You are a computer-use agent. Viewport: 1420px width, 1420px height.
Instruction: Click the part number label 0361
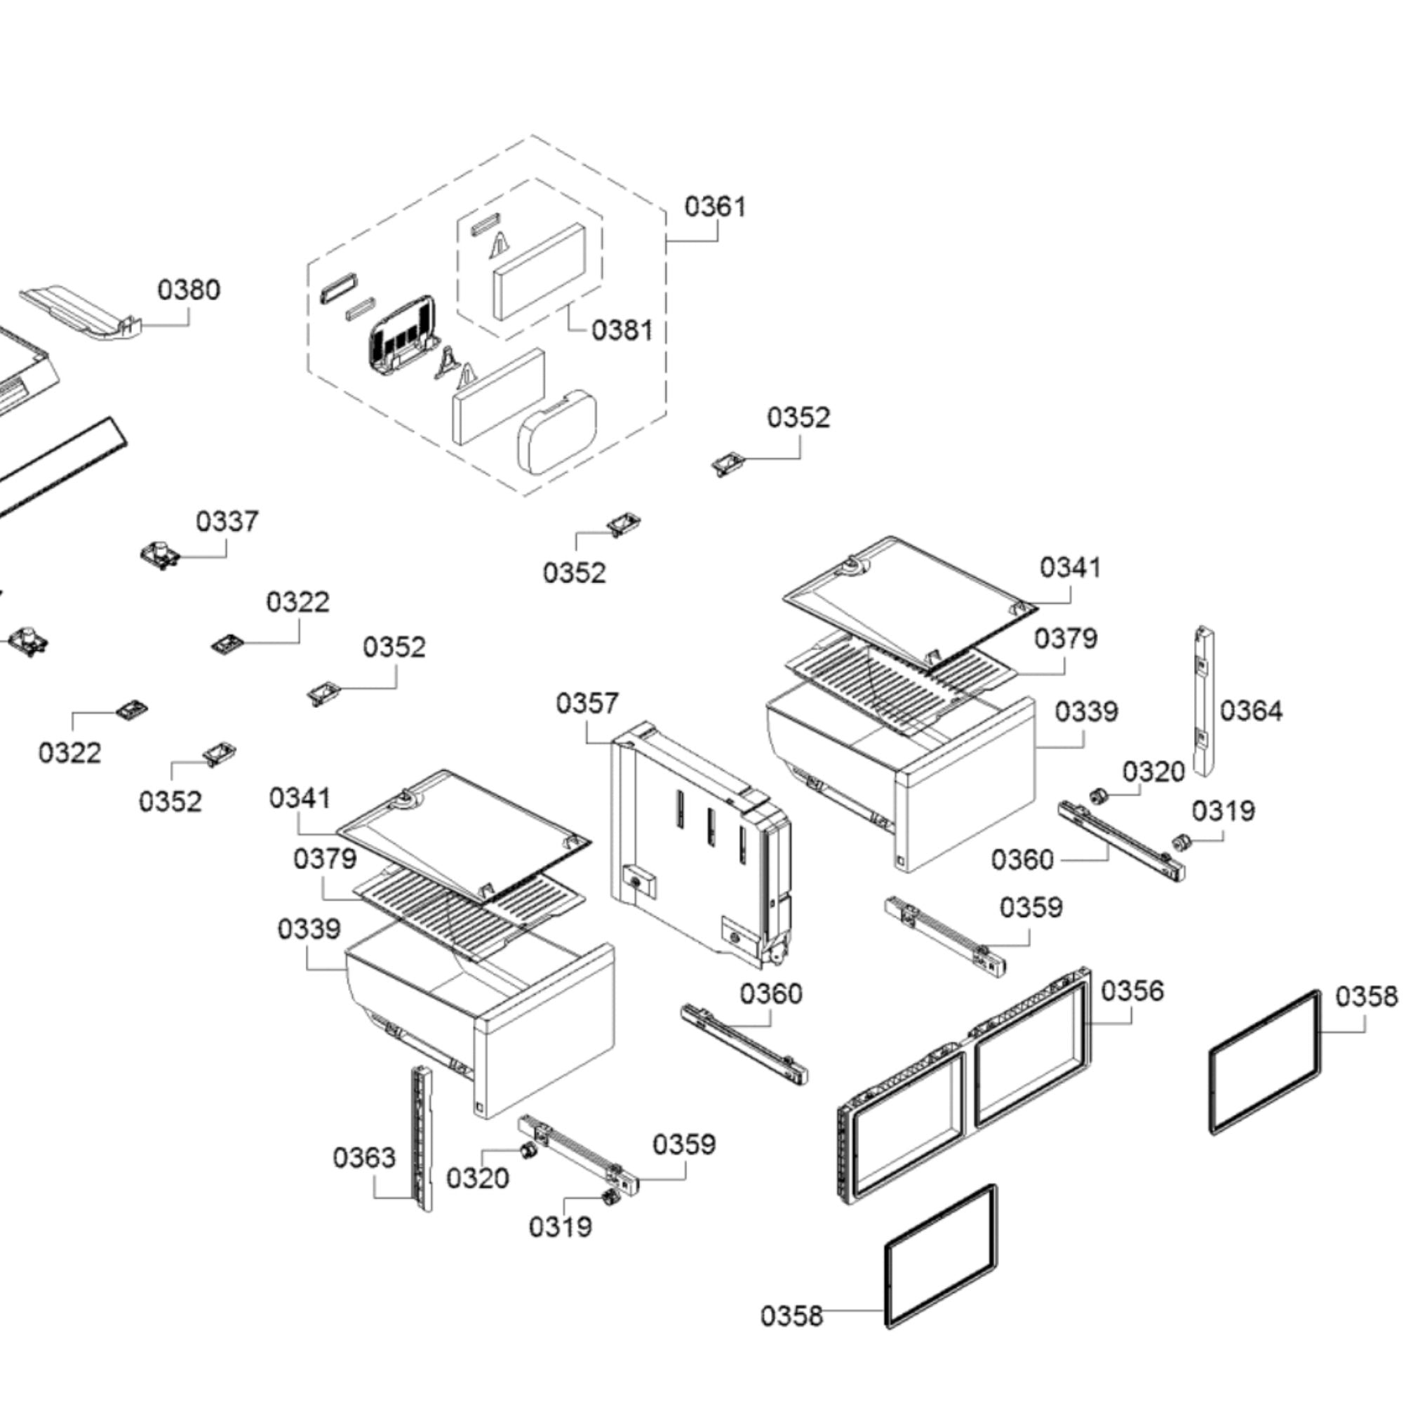click(714, 206)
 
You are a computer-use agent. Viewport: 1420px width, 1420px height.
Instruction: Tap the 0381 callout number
click(622, 330)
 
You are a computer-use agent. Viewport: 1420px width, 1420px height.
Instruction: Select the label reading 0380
click(188, 290)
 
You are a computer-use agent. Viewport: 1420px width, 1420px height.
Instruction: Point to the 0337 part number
click(227, 522)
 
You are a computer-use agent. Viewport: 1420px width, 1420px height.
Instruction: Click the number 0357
click(587, 704)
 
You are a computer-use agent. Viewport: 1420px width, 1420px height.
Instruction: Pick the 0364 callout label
click(1251, 711)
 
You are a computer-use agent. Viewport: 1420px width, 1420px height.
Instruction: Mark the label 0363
click(364, 1158)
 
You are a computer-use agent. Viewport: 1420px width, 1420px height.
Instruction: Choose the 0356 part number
click(1132, 991)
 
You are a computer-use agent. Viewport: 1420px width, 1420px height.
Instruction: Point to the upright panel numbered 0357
click(698, 845)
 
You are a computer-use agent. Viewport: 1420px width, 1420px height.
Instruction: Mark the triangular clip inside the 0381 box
click(499, 246)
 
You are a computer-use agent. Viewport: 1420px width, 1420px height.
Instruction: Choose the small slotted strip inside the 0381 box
click(485, 225)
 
